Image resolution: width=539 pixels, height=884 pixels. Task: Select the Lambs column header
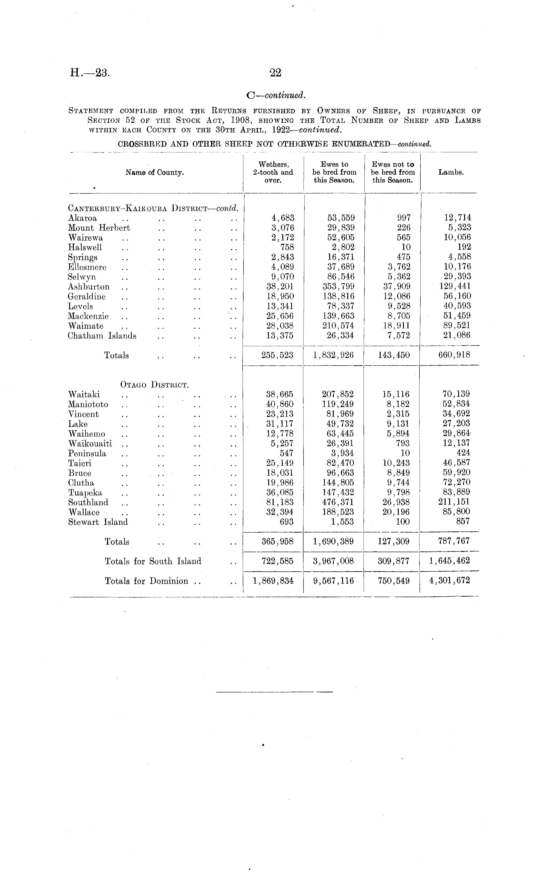(451, 172)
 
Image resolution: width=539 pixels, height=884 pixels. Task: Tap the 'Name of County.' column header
(155, 173)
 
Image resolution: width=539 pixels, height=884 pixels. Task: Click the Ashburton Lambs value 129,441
(455, 286)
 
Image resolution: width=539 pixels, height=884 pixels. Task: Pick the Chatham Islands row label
(102, 336)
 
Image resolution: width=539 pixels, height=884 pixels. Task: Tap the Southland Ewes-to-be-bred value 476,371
(338, 502)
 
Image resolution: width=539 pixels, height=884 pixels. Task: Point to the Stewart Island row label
(98, 522)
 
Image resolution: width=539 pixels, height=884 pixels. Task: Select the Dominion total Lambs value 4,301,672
(449, 580)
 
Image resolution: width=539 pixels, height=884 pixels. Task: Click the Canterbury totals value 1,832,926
(333, 355)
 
